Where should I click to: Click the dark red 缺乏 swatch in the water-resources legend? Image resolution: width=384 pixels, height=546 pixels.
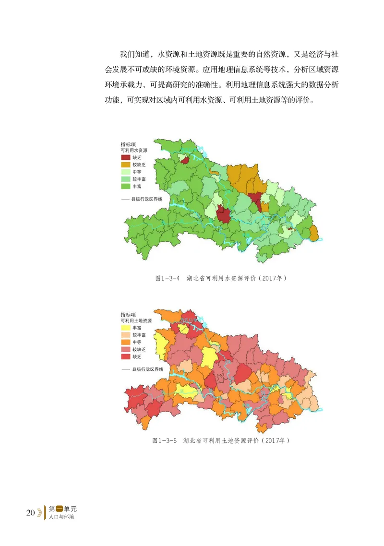(125, 157)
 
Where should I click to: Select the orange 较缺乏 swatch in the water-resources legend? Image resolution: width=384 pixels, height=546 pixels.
(125, 165)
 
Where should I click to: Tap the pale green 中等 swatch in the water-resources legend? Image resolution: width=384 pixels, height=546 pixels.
(125, 171)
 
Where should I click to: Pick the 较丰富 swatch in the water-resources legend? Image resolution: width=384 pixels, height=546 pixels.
(125, 178)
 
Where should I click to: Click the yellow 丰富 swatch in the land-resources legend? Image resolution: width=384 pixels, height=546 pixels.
(125, 328)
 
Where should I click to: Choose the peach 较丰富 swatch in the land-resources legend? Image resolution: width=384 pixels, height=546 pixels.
(125, 335)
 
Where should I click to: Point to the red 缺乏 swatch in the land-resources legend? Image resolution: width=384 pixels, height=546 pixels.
(125, 356)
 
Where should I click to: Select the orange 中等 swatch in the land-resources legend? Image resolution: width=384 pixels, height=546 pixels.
(125, 342)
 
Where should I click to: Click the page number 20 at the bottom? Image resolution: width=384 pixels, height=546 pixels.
(30, 513)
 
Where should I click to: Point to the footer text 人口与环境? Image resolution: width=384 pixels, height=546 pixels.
(61, 517)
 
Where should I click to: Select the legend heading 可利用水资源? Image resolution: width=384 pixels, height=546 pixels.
(134, 150)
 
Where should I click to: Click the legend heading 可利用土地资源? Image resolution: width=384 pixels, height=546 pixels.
(136, 320)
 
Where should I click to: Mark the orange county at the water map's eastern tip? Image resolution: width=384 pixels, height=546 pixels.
(314, 234)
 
